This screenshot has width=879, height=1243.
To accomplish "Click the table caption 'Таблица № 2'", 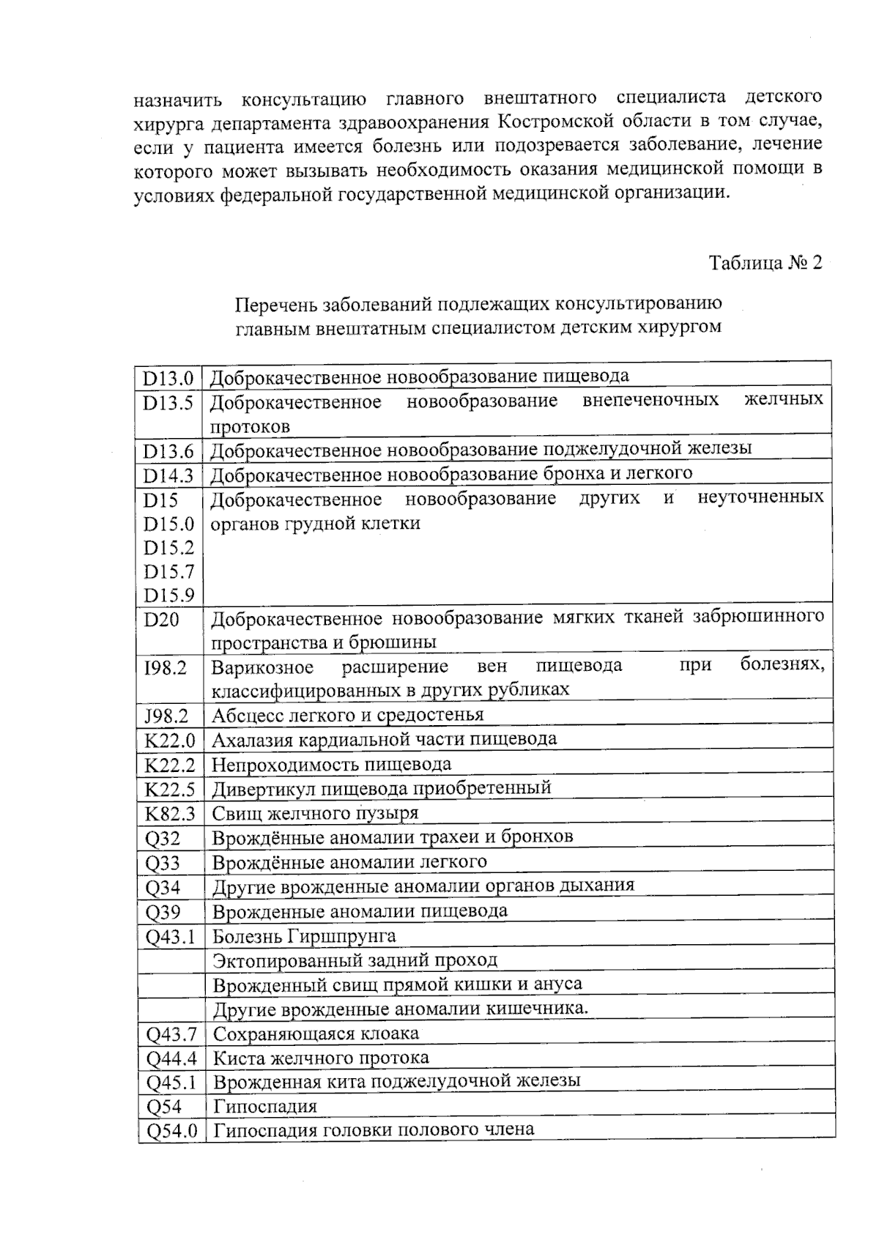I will [765, 263].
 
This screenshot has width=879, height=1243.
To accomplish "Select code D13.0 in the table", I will [168, 378].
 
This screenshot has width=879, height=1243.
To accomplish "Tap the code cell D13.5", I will [168, 403].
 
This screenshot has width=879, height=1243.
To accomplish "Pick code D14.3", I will [168, 476].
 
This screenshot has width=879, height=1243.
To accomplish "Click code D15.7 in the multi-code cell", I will [168, 571].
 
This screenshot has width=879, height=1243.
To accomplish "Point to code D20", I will [161, 620].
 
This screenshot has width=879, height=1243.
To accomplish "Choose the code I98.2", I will [166, 668].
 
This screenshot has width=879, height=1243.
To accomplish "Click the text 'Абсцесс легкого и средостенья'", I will [347, 715].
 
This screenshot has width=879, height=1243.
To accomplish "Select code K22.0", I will [169, 741].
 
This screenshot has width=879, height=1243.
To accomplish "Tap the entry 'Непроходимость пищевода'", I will [331, 765].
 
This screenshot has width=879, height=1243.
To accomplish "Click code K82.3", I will [169, 814].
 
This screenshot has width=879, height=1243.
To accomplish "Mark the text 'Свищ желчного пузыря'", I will [315, 813].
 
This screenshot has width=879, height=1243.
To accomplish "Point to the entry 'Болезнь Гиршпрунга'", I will [304, 936].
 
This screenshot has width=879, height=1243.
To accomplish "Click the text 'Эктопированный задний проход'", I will [355, 960].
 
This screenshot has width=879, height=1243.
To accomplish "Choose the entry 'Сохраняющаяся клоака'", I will [316, 1034].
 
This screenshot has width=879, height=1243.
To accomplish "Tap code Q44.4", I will [171, 1059].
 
